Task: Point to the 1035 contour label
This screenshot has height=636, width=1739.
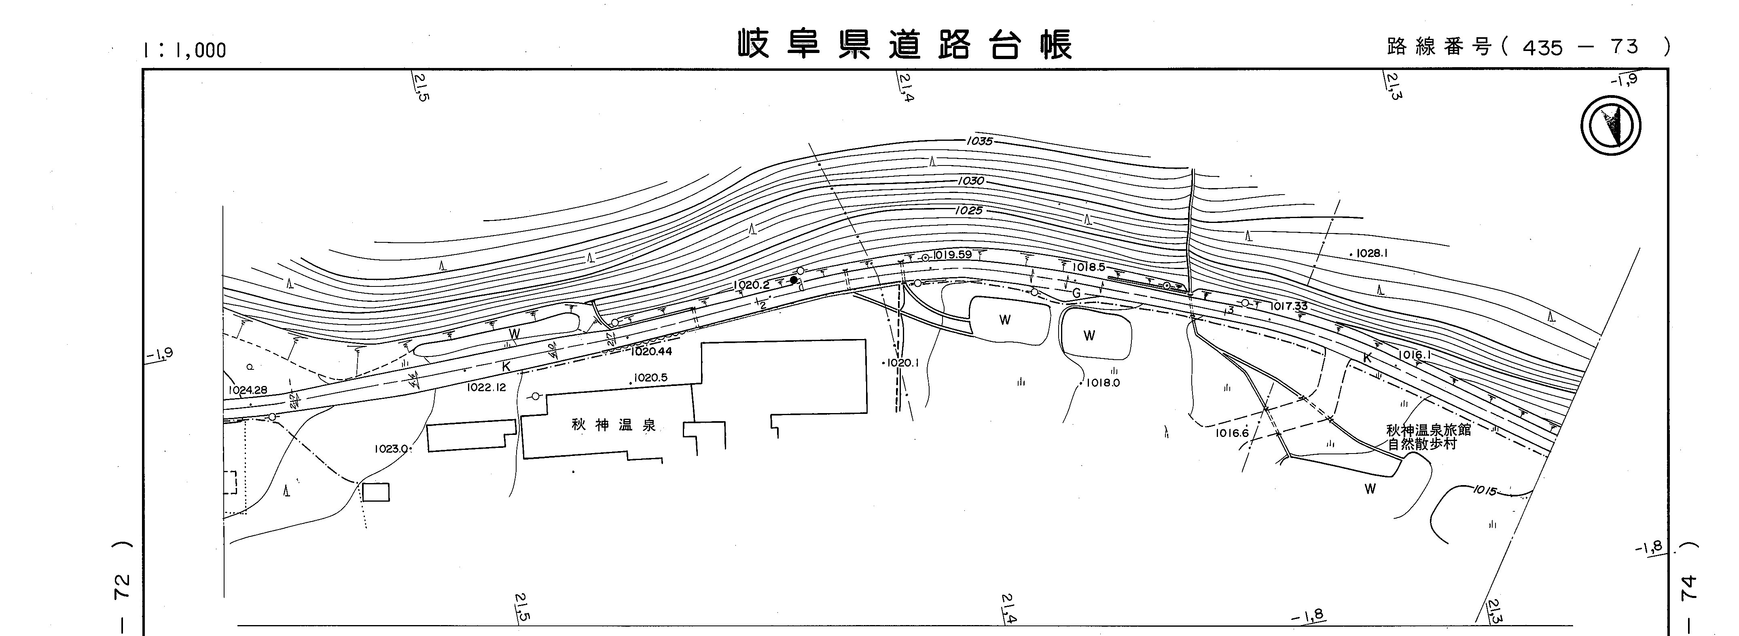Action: pos(980,142)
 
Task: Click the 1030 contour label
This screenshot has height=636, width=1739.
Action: pos(971,181)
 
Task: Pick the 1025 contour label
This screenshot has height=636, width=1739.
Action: pos(969,211)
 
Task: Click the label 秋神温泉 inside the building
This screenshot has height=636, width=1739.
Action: pos(614,425)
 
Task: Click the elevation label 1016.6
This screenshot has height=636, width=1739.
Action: pos(1232,433)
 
